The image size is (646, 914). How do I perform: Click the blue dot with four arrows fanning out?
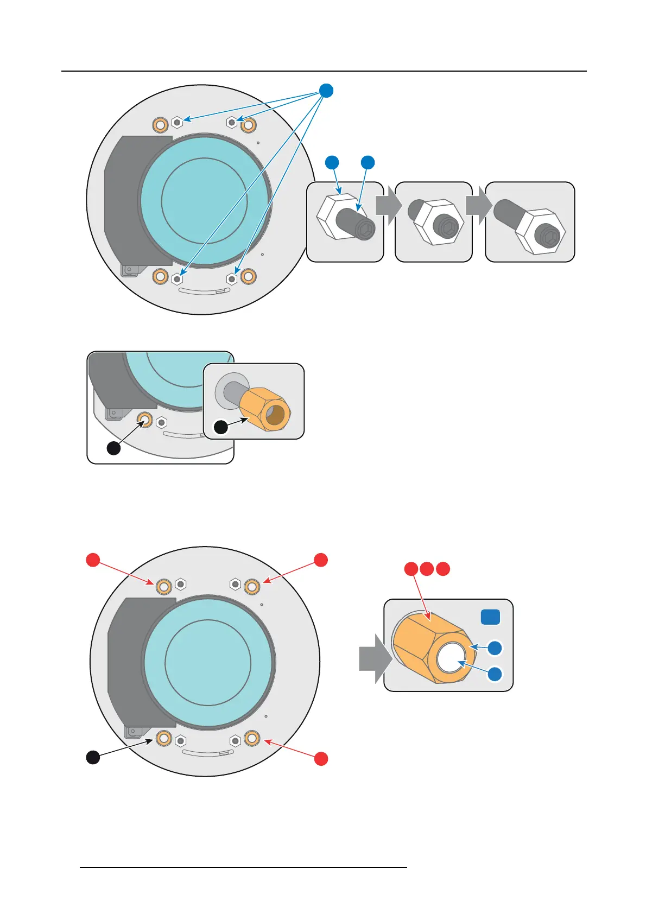(x=326, y=91)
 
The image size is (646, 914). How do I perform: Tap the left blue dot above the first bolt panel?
(x=332, y=162)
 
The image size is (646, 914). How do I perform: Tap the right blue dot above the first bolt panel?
(x=368, y=162)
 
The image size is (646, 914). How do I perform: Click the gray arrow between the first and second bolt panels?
(x=388, y=206)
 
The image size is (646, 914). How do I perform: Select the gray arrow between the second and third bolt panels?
(x=478, y=206)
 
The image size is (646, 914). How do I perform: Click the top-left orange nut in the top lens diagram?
(x=160, y=125)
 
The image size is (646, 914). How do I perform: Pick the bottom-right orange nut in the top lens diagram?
(x=248, y=277)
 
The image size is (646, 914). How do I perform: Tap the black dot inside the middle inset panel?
(x=221, y=427)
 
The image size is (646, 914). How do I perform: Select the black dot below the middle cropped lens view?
(x=113, y=448)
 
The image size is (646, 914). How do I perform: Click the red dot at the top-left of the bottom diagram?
(x=93, y=560)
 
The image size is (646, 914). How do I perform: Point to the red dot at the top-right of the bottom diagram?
(x=321, y=560)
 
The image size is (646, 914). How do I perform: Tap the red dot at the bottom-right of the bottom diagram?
(x=321, y=758)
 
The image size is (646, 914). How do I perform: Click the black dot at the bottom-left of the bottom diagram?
(x=93, y=757)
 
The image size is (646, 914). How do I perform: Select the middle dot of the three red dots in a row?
(x=427, y=569)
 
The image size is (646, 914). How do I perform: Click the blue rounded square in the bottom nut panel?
(x=490, y=617)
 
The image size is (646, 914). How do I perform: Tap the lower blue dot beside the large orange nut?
(x=495, y=674)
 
